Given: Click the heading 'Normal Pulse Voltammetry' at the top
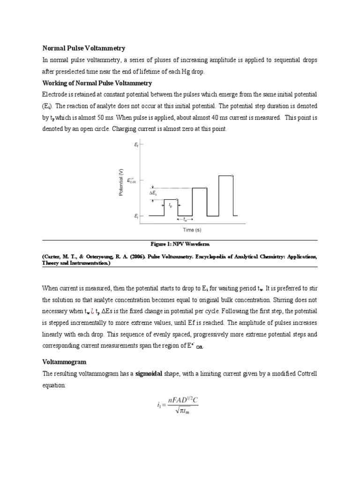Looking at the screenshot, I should (84, 48).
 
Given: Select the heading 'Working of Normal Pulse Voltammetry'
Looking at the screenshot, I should (97, 83).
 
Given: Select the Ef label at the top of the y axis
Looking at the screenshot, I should (136, 146).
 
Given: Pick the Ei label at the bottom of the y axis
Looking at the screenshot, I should (136, 216).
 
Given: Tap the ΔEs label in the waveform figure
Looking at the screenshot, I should (153, 194).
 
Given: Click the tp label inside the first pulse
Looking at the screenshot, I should (171, 205).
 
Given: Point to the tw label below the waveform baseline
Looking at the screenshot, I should (185, 219).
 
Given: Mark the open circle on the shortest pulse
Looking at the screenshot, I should (177, 200).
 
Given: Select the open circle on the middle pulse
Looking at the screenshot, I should (207, 188).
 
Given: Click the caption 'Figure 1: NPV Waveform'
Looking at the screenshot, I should (180, 244).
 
